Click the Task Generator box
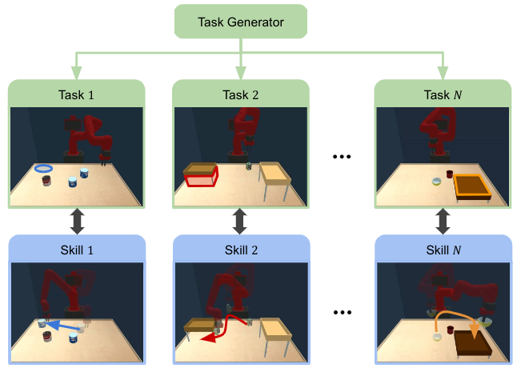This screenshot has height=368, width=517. coord(241,22)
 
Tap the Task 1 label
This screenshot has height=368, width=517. coord(76,94)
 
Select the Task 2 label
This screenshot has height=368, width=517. coord(241,94)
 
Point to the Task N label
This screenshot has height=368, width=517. coord(443,94)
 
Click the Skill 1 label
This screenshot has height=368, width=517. coord(76,250)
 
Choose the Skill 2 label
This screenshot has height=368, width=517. coord(241,250)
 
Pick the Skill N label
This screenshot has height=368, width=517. coord(443,250)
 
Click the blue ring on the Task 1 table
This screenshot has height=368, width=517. coord(44,168)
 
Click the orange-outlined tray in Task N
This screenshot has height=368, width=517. coord(472,185)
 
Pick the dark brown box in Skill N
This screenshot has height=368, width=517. coord(471,342)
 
